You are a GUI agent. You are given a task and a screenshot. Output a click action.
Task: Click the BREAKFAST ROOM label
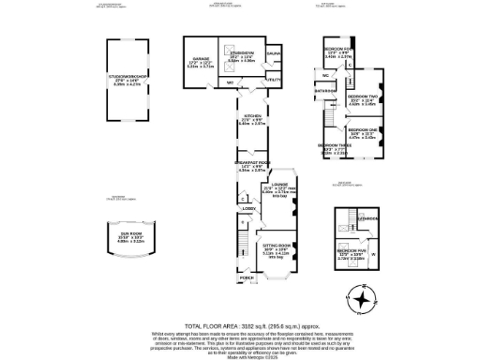[x=252, y=163]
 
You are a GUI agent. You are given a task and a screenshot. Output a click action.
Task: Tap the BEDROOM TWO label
[x=362, y=97]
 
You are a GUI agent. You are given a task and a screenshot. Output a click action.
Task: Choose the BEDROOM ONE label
[x=362, y=129]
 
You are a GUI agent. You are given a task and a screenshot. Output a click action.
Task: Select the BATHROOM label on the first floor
[x=325, y=91]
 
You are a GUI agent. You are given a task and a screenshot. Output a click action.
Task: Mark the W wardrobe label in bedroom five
[x=373, y=253]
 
